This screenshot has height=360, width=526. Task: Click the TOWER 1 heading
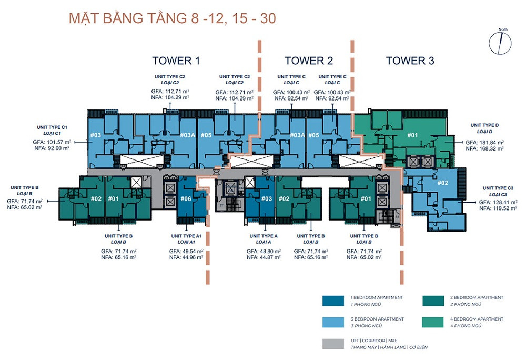[176, 61]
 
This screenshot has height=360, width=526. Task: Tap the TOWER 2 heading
[309, 61]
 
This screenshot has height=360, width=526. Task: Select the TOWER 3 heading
[410, 61]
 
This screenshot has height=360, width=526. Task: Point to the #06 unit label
[186, 198]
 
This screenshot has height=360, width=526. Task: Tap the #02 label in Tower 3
[442, 183]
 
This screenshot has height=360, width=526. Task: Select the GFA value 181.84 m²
[490, 142]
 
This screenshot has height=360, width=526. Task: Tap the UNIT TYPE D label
[484, 125]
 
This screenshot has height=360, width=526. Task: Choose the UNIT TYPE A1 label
[186, 236]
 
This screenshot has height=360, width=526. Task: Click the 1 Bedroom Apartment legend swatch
[331, 301]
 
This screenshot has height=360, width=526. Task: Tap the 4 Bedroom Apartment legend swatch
[431, 322]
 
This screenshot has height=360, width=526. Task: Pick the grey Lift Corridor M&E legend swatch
[331, 344]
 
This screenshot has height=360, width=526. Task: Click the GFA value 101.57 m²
[57, 142]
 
